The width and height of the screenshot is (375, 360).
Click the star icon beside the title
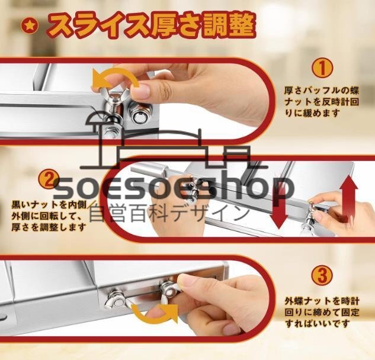[x=30, y=27]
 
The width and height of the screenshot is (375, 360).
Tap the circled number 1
[x=322, y=68]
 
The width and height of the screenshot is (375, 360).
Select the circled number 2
[x=49, y=179]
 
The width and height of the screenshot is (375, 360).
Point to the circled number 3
[x=322, y=275]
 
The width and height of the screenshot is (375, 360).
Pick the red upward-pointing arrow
[x=350, y=198]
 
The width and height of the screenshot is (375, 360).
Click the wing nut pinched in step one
[x=114, y=101]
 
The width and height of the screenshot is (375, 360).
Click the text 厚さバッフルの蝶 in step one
[x=322, y=91]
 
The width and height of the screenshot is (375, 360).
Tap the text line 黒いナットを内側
[x=49, y=205]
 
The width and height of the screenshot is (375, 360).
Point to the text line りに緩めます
[x=312, y=112]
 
